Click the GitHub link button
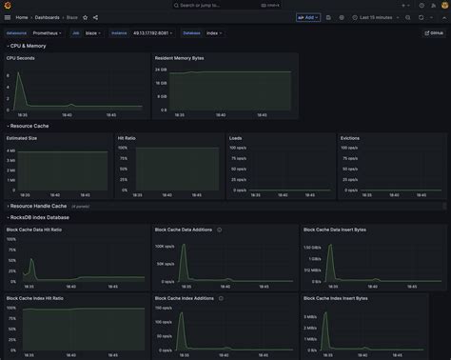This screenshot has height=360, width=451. coord(435,32)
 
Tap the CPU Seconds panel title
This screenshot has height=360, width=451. coord(20,57)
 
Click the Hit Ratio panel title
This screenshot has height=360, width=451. coord(127,138)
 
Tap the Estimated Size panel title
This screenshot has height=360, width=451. coord(23,138)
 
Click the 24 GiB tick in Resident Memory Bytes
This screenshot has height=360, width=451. coord(162,70)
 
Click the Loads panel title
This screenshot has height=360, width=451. coord(235,138)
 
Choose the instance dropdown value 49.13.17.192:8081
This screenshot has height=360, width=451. coord(156,32)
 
